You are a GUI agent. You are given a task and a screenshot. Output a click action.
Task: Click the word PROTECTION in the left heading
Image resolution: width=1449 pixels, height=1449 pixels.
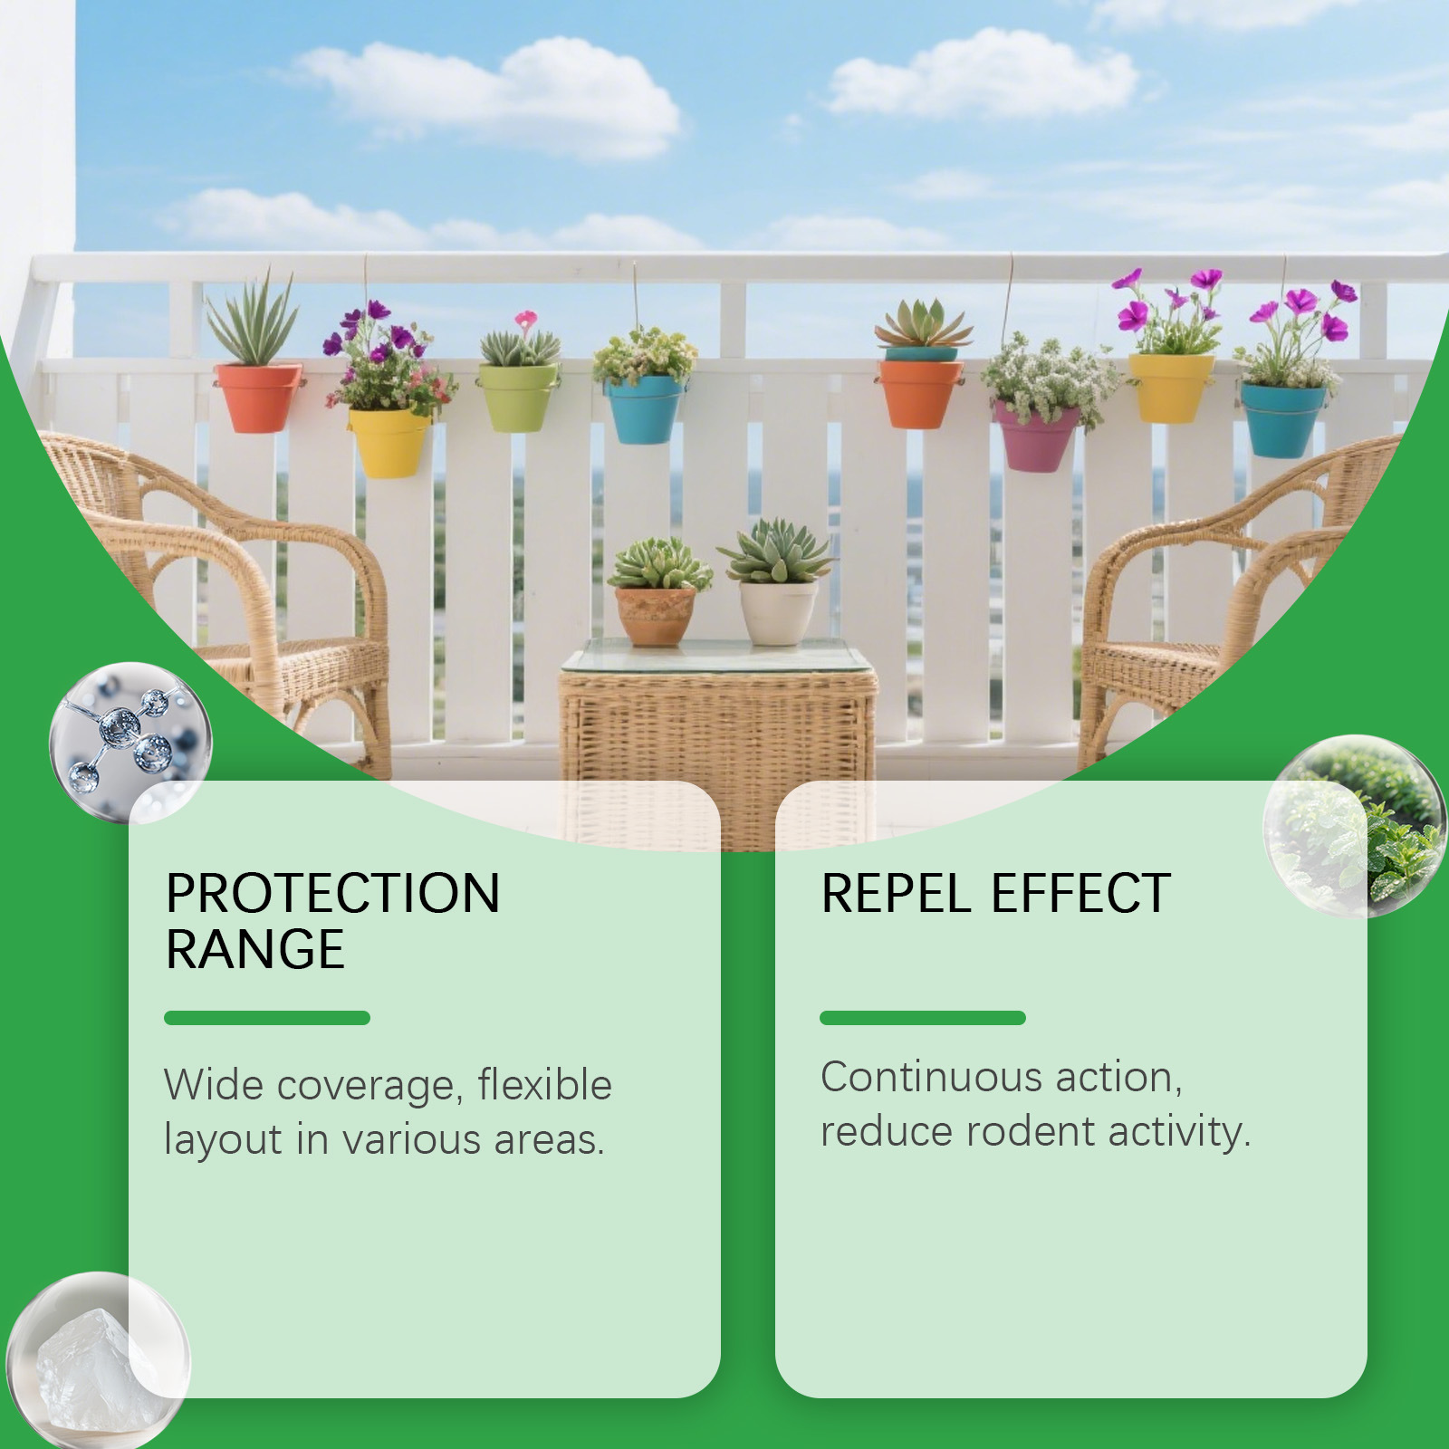(332, 894)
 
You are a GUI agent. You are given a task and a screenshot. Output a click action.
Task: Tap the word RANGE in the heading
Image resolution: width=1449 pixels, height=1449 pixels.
(255, 950)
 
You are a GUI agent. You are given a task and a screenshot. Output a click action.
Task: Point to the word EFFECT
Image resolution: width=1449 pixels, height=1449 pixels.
(1080, 894)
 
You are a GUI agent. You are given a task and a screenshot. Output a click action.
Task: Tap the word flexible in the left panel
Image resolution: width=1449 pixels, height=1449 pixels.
(545, 1084)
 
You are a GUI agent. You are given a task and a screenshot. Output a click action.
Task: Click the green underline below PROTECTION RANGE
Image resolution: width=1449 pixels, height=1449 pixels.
(267, 1018)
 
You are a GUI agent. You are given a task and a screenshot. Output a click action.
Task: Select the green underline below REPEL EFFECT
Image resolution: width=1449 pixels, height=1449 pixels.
(923, 1018)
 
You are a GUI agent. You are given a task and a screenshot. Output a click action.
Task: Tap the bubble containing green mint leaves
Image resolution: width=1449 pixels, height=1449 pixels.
(1355, 826)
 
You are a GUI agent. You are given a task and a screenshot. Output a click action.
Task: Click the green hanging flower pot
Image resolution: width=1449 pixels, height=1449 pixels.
(518, 397)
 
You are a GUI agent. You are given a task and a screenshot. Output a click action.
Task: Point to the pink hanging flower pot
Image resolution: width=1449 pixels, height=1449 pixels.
(1036, 437)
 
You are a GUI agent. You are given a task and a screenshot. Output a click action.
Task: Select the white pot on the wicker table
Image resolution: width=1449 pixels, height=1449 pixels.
(778, 611)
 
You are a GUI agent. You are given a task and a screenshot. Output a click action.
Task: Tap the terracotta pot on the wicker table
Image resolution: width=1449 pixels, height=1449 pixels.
(656, 616)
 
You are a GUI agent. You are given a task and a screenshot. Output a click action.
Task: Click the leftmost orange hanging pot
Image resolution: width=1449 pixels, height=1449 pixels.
(259, 398)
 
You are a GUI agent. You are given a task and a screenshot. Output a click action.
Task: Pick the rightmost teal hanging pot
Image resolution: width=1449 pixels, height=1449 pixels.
(1282, 419)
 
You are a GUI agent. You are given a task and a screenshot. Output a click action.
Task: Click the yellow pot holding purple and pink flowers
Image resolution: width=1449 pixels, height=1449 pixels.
(390, 442)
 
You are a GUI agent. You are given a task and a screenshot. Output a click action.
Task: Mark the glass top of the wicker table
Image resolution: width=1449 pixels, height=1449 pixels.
(718, 657)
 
